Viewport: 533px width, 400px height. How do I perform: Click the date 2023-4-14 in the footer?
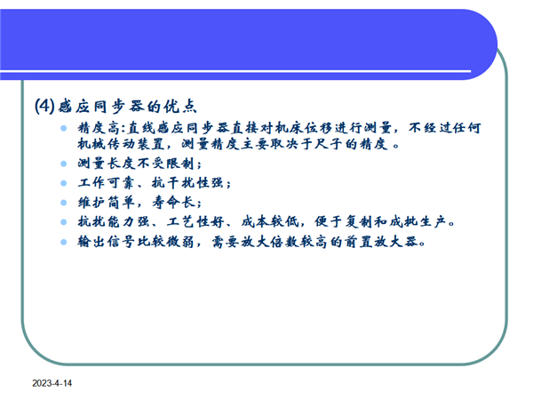point(52,383)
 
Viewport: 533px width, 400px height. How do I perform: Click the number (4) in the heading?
point(44,106)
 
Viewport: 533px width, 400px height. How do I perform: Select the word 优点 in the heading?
point(180,107)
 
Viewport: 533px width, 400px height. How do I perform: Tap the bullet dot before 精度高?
point(64,128)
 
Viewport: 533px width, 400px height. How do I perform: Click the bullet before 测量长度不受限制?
point(64,164)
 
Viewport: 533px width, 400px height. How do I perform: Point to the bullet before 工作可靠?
point(64,183)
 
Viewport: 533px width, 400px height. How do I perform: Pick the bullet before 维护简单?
point(64,203)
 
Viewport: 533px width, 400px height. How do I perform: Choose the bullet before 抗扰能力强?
point(64,222)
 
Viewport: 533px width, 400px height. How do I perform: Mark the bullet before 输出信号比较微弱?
point(64,242)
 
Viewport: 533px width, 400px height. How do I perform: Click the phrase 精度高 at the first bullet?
point(99,128)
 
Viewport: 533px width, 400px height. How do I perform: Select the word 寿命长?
point(174,203)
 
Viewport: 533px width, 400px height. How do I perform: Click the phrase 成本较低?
point(270,222)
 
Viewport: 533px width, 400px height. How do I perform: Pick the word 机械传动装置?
point(121,144)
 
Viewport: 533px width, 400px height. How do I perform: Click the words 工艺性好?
point(195,222)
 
